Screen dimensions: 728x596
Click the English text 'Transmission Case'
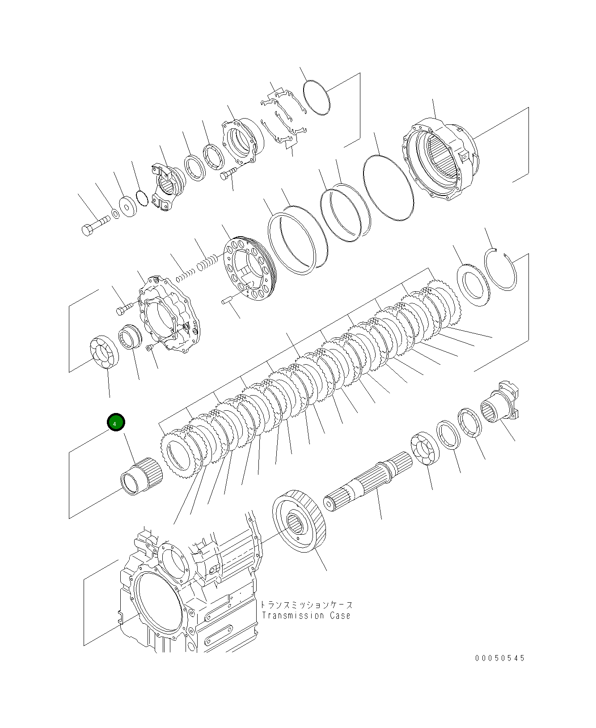point(306,616)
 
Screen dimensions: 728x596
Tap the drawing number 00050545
point(500,658)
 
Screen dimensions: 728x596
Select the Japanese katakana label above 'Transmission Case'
point(307,605)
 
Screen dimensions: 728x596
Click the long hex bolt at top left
point(95,225)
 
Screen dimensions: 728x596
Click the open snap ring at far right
point(501,271)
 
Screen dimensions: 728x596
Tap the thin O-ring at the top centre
point(317,98)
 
